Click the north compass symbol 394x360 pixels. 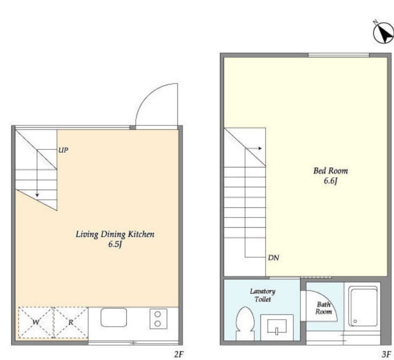[x=383, y=32]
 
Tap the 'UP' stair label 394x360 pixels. [x=63, y=150]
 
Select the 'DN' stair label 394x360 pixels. [x=273, y=257]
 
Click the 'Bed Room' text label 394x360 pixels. [x=330, y=171]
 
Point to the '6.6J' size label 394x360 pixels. [x=330, y=181]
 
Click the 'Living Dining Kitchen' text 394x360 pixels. [x=115, y=235]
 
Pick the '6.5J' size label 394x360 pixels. [x=115, y=244]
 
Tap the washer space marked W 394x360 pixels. [x=36, y=323]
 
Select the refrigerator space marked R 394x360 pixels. [x=71, y=323]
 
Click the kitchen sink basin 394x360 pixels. [x=114, y=317]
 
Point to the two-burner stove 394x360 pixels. [x=158, y=319]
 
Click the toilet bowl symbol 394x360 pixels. [x=245, y=324]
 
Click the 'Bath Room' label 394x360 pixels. [x=324, y=308]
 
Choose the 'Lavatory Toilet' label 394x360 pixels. [x=263, y=295]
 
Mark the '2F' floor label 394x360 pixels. [x=179, y=354]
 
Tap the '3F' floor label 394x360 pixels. [x=387, y=354]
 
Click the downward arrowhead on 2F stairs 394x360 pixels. [x=37, y=195]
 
